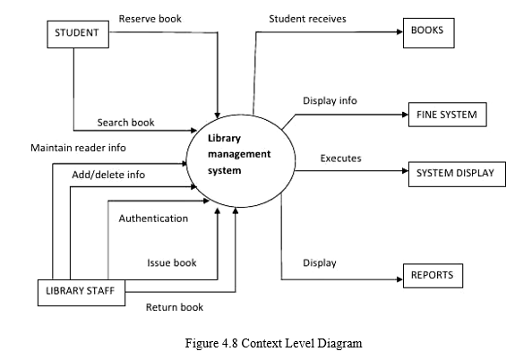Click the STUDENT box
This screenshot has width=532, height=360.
coord(77,34)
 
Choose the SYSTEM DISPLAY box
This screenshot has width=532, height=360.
coord(456,174)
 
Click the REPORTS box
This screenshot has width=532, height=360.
coord(433,276)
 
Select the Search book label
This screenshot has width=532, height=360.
coord(126,122)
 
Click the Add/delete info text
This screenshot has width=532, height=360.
coord(108,174)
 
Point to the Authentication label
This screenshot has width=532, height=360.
coord(153,218)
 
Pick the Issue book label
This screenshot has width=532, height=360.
coord(172,262)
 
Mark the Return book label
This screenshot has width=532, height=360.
coord(175,307)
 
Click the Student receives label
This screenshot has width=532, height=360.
coord(307,18)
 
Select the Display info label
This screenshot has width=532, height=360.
coord(330,100)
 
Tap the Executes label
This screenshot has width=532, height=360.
coord(340,159)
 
